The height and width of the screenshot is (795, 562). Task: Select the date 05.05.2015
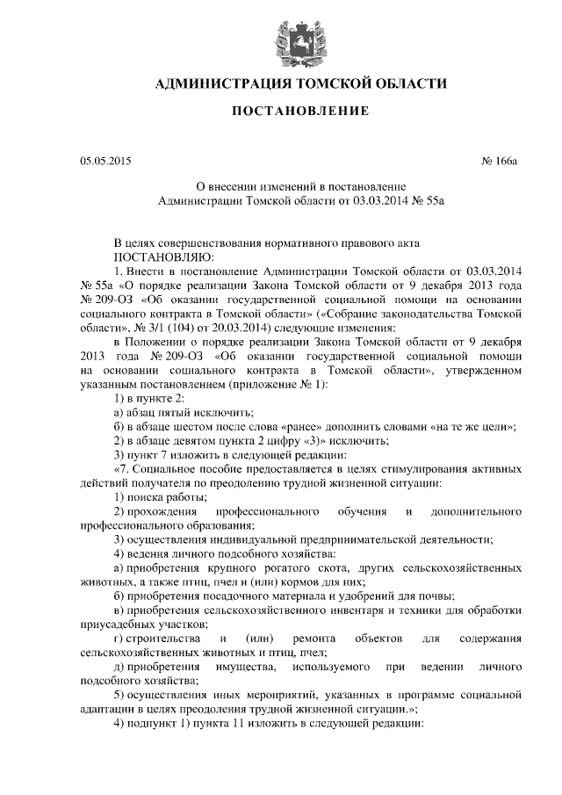click(x=104, y=162)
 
